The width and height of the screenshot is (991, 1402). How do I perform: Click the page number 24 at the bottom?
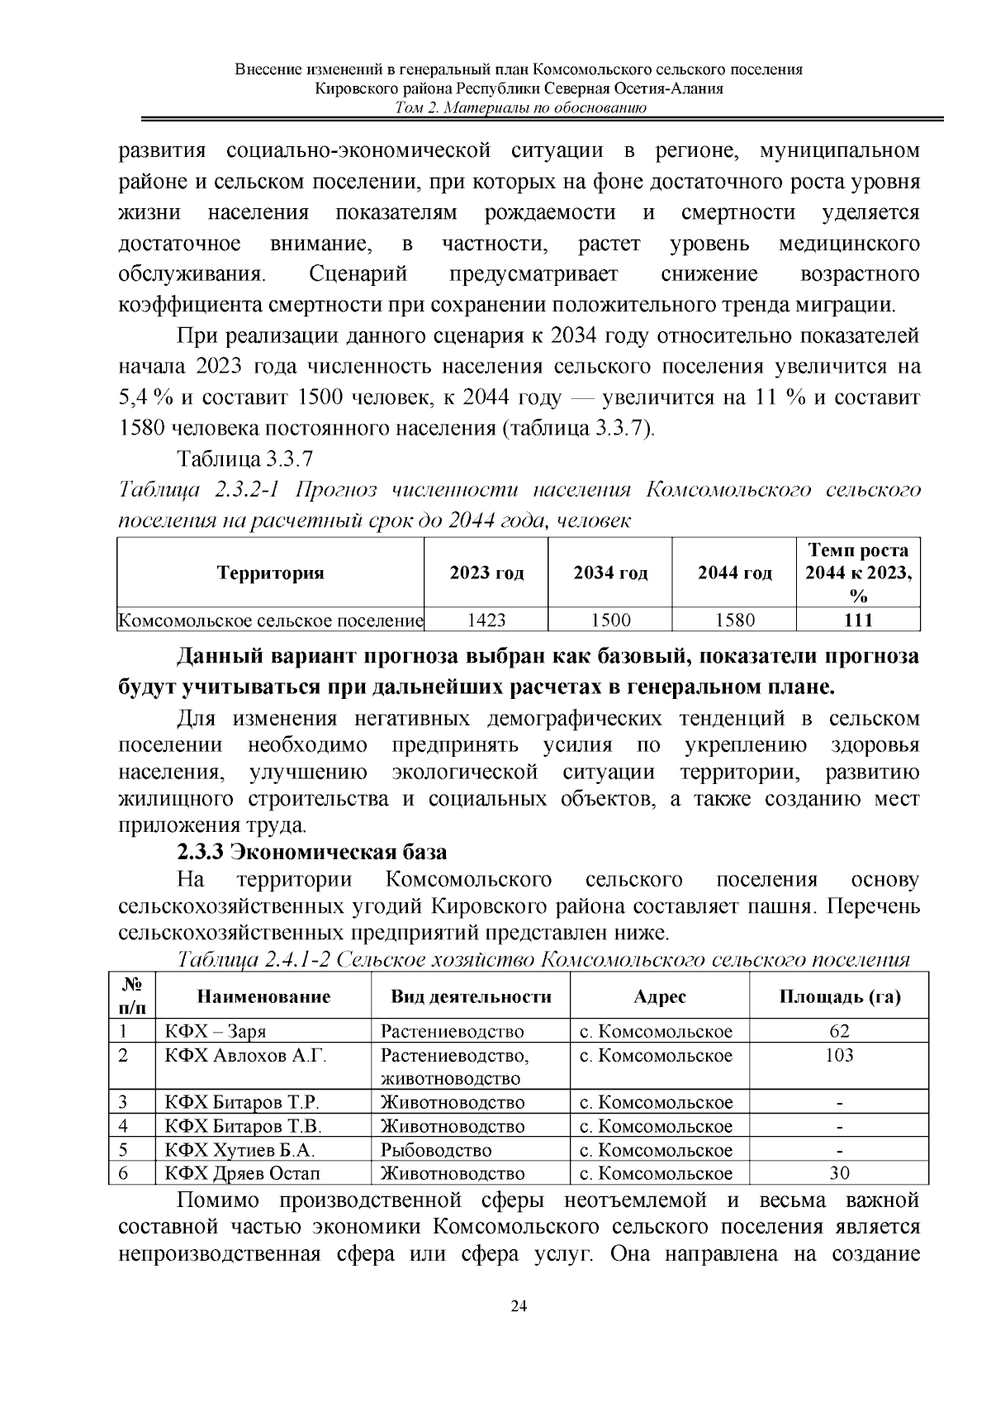[519, 1306]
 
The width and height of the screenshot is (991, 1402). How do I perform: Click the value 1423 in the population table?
[486, 620]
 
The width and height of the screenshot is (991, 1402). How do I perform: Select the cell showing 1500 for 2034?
[610, 620]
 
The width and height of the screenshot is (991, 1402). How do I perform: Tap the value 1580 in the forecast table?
[734, 620]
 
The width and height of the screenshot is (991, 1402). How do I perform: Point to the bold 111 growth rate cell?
[858, 620]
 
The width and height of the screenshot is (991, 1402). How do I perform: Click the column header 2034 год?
[610, 573]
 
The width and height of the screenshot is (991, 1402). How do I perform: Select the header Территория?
[270, 573]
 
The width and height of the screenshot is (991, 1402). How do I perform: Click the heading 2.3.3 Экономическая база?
[311, 852]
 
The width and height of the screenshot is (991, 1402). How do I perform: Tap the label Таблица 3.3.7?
[244, 459]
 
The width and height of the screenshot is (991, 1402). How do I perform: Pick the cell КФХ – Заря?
[216, 1031]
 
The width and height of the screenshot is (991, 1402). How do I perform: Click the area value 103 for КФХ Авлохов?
[839, 1055]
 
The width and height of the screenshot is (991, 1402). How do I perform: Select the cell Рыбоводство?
[436, 1150]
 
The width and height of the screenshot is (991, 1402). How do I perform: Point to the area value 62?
[839, 1031]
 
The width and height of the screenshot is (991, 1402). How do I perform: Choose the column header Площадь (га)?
[839, 996]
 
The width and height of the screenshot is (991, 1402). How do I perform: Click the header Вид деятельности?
[471, 996]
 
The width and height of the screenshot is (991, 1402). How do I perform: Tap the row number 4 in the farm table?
[124, 1126]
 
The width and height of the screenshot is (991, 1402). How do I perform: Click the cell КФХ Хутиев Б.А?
[239, 1150]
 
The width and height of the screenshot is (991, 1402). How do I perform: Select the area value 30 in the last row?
[839, 1173]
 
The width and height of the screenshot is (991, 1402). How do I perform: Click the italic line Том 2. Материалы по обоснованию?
[519, 108]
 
